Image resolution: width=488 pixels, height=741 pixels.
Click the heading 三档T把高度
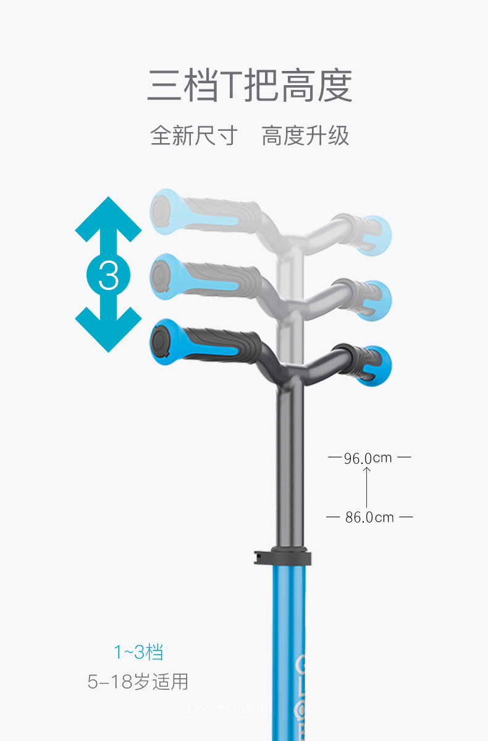(x=250, y=86)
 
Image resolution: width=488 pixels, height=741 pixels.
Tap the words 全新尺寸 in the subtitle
(x=193, y=136)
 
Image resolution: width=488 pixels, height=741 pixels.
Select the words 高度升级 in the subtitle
(x=305, y=136)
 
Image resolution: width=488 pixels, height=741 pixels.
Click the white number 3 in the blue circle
(x=109, y=275)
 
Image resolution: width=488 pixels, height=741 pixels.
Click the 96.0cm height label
(x=368, y=458)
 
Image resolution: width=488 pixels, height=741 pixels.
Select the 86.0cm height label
(x=369, y=517)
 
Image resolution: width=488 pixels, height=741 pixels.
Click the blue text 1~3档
(x=138, y=652)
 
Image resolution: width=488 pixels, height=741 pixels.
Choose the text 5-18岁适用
(x=138, y=682)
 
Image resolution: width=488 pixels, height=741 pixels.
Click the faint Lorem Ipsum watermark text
(x=228, y=709)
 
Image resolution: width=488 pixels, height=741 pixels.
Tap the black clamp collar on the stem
(x=282, y=556)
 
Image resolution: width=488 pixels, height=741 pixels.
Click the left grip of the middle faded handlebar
(x=204, y=276)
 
